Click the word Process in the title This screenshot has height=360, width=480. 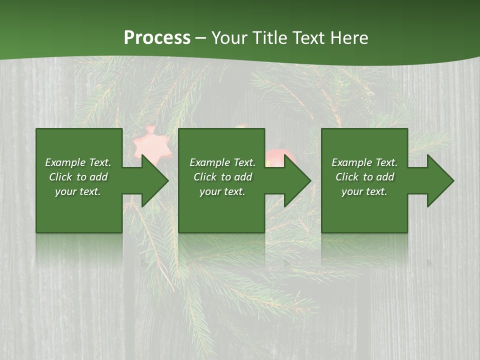[x=157, y=37]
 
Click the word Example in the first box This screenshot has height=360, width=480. [x=65, y=162]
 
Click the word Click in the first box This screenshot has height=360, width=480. [x=60, y=177]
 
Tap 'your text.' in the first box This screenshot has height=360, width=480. [x=78, y=191]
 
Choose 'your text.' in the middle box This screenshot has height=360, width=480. [x=222, y=191]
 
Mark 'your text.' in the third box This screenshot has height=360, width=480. [x=364, y=191]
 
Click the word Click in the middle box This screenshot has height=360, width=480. [x=205, y=177]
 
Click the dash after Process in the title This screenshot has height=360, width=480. [x=200, y=38]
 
